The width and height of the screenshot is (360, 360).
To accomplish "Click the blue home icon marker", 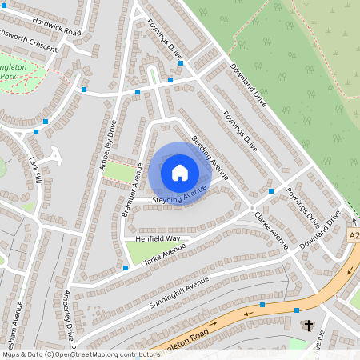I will [180, 173].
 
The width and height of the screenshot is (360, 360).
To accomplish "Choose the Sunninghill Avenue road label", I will [178, 294].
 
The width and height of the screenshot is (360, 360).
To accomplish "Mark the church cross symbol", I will [309, 325].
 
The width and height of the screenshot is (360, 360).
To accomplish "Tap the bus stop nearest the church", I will [297, 310].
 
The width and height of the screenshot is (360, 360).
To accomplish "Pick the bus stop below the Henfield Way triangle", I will [126, 267].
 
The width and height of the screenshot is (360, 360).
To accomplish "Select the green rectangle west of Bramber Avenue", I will [120, 173].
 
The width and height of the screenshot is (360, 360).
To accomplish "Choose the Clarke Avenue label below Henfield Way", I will [162, 254].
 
